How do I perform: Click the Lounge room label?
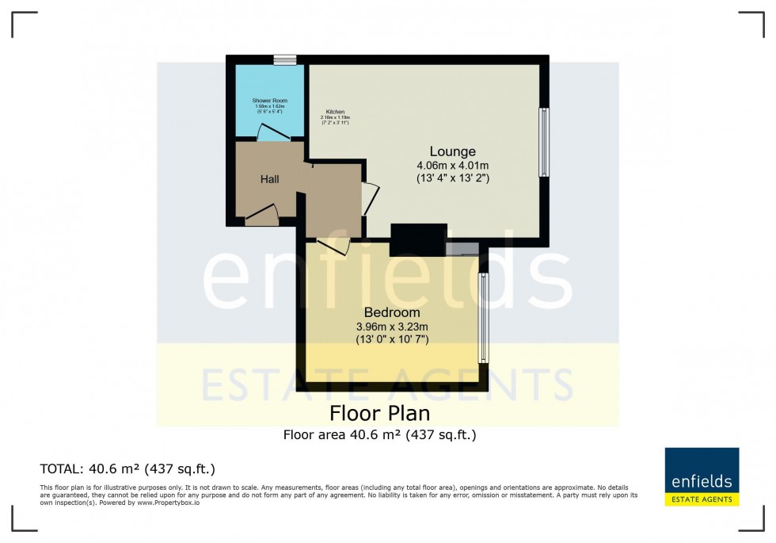[452, 151]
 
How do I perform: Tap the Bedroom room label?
[392, 312]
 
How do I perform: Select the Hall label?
[270, 180]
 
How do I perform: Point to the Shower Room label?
[269, 101]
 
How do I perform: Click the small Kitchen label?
[335, 113]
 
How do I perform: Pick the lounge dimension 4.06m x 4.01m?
[452, 166]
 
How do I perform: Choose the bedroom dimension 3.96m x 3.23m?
[392, 327]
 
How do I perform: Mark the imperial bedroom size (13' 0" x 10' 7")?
[392, 340]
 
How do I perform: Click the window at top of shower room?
[284, 59]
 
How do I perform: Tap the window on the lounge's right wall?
[543, 142]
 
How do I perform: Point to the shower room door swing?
[270, 132]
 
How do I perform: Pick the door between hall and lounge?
[370, 198]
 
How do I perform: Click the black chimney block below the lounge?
[419, 239]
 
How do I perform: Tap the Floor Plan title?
[379, 414]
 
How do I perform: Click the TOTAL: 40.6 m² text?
[127, 468]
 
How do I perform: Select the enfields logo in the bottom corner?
[702, 476]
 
